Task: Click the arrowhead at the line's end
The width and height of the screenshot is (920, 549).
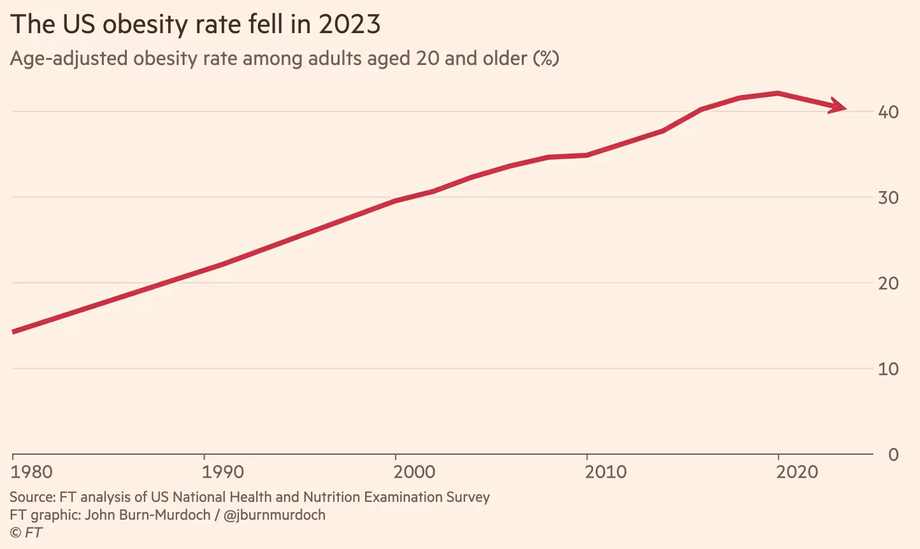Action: (x=839, y=107)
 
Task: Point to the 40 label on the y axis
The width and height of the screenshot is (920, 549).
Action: (x=888, y=112)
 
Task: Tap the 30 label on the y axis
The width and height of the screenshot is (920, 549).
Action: (x=888, y=197)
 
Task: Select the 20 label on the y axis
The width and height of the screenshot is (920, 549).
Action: (x=888, y=283)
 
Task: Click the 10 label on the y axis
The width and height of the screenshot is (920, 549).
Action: (x=888, y=369)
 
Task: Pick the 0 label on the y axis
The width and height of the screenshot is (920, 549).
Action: (x=893, y=455)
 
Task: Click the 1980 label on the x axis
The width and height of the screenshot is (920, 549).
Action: (x=32, y=472)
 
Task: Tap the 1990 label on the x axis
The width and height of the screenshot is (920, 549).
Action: (x=223, y=472)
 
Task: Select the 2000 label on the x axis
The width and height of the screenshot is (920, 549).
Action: (x=414, y=472)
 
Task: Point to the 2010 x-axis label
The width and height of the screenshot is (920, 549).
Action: (x=606, y=472)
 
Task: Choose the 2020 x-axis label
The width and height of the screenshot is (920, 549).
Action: (x=797, y=472)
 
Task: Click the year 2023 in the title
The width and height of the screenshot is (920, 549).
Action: (x=349, y=25)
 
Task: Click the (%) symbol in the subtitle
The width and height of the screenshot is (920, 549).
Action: (x=546, y=59)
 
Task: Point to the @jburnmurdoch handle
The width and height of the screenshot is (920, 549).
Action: (x=275, y=515)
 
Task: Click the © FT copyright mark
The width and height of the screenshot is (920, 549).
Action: (x=26, y=532)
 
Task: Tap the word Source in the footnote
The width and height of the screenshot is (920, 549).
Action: (x=31, y=497)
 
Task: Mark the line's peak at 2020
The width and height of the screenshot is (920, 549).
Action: (x=778, y=93)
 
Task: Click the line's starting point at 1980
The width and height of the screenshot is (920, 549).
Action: (x=14, y=331)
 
